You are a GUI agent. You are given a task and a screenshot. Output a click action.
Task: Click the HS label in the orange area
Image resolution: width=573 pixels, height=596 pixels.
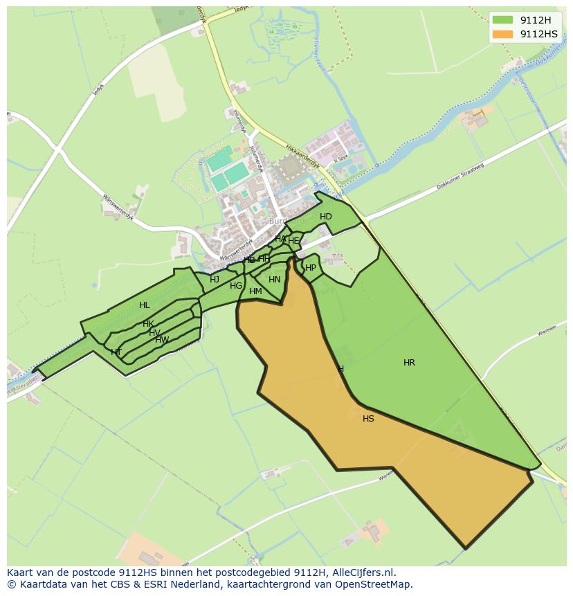[x=368, y=419]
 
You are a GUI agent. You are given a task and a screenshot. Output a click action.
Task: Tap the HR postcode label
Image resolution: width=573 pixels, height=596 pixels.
[x=409, y=363]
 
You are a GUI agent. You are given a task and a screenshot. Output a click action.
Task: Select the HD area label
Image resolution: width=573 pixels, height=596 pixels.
[x=326, y=217]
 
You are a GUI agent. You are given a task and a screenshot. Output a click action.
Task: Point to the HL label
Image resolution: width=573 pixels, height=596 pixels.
[x=144, y=305]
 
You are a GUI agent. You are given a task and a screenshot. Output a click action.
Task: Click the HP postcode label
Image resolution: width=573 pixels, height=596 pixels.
[x=311, y=268]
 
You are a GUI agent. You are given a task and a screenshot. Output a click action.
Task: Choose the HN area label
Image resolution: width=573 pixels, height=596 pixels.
[x=275, y=280]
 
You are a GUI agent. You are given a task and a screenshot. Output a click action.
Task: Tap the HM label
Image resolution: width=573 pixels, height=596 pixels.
[x=255, y=291]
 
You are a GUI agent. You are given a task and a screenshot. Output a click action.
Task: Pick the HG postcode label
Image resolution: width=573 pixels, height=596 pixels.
[x=236, y=286]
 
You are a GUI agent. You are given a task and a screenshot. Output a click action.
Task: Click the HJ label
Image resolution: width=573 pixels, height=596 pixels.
[x=215, y=280]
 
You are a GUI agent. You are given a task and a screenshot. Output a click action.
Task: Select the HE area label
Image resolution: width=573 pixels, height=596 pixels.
[x=293, y=241]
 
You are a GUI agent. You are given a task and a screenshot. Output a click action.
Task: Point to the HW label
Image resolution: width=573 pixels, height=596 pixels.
[x=162, y=340]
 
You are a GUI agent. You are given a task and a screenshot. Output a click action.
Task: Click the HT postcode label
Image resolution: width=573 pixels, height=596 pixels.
[x=116, y=352]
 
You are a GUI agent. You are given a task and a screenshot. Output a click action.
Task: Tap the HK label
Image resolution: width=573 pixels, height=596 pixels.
[x=148, y=324]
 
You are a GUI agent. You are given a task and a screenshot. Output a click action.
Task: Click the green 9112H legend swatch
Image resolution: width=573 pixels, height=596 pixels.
[x=503, y=20]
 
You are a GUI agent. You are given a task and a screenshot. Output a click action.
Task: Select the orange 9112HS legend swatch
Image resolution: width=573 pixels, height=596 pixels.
[x=503, y=34]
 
